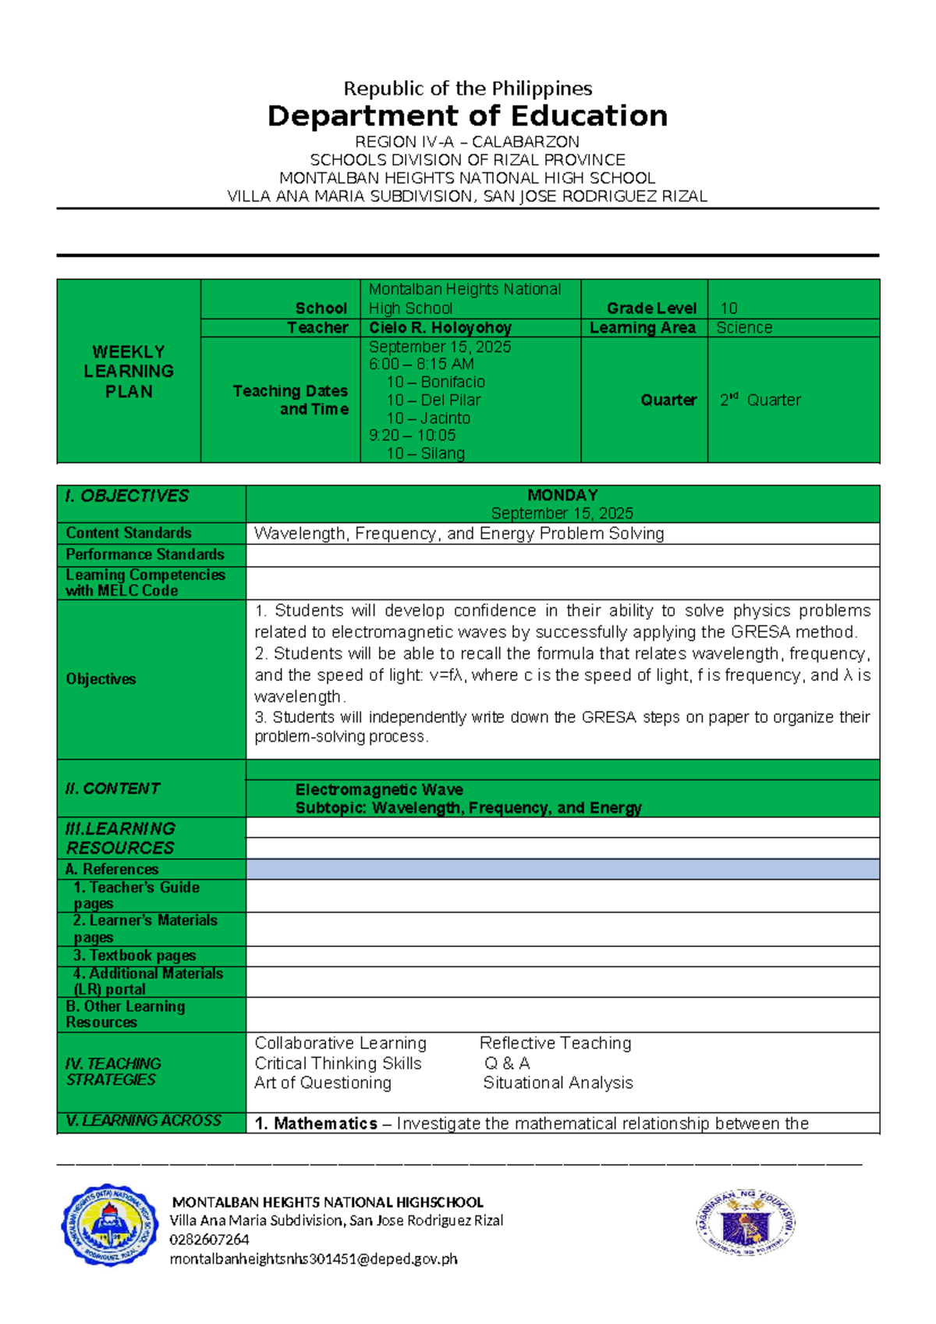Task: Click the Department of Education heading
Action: (467, 116)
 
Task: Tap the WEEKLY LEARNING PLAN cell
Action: (129, 372)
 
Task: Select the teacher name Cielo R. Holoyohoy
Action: (440, 328)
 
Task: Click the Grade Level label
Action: (651, 308)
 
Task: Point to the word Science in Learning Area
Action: (744, 328)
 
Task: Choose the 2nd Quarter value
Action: (760, 400)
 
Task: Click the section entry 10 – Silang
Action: (425, 454)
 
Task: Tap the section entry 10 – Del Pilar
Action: (434, 400)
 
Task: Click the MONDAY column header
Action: (562, 495)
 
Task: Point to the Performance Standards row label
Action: (145, 555)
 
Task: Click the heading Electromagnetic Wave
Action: (379, 790)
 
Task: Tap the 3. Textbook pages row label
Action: (135, 956)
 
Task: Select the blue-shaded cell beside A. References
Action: (562, 869)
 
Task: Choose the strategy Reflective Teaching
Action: (555, 1043)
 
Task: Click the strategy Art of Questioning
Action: (323, 1083)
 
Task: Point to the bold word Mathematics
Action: (325, 1123)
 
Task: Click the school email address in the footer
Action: (314, 1258)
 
